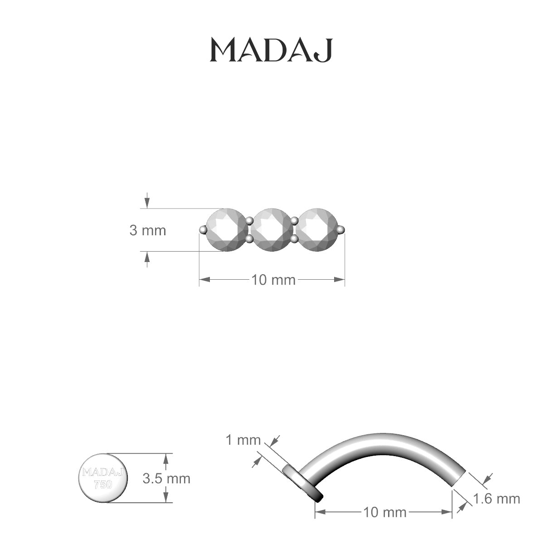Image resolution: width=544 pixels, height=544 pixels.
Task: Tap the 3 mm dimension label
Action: (148, 230)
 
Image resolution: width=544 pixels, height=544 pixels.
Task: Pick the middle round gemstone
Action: (272, 229)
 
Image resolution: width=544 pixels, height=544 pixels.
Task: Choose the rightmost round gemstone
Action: (317, 229)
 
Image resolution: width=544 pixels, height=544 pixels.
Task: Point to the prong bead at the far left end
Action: (202, 230)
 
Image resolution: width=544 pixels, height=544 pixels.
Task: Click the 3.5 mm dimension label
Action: (166, 478)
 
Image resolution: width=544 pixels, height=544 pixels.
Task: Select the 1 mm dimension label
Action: (243, 440)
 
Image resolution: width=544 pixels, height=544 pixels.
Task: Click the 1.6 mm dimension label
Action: (496, 499)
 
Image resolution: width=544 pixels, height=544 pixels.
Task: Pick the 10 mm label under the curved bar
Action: (384, 513)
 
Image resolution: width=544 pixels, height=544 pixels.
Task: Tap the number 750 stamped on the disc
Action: (103, 484)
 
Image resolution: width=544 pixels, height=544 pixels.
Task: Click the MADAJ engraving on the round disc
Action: (103, 472)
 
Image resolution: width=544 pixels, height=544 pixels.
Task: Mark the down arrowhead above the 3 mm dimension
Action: (146, 203)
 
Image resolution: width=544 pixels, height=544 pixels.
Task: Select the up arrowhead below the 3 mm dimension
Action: (146, 257)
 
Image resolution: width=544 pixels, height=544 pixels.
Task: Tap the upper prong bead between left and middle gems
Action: (249, 221)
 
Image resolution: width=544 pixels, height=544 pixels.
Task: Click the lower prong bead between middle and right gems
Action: (295, 238)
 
